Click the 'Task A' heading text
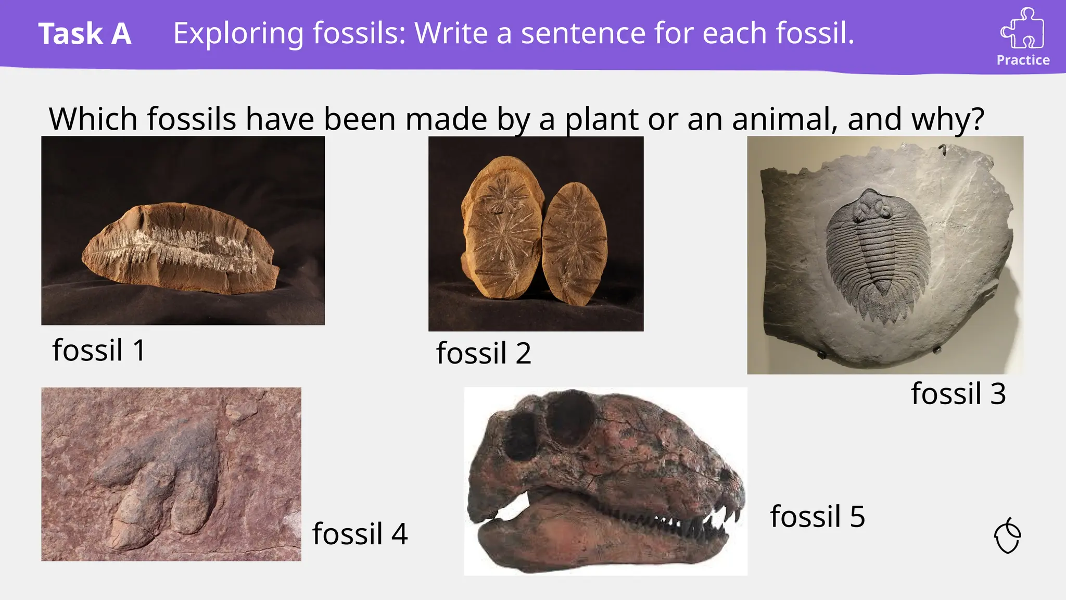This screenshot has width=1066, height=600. click(x=85, y=34)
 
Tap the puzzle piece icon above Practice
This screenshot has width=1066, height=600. click(x=1022, y=29)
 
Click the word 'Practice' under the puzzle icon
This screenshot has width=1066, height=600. click(x=1023, y=60)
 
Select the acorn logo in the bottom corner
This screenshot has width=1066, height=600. click(x=1008, y=536)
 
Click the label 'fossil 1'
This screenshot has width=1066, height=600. click(x=98, y=350)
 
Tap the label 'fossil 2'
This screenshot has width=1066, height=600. click(x=484, y=354)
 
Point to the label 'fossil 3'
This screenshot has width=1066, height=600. click(x=958, y=394)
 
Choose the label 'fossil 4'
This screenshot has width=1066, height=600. click(x=360, y=534)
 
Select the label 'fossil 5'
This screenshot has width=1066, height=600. click(x=817, y=517)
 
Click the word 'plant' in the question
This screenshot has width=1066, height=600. click(x=602, y=119)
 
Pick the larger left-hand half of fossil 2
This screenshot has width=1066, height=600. click(x=502, y=229)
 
